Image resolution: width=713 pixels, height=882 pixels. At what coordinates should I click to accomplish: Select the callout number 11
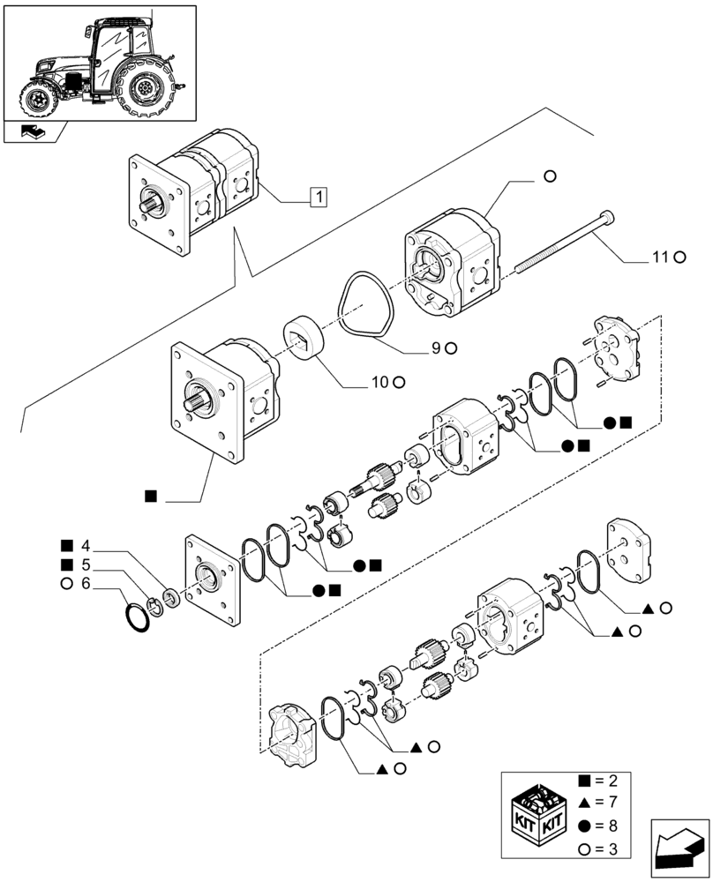point(662,258)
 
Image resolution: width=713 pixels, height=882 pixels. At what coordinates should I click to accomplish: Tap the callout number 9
point(436,348)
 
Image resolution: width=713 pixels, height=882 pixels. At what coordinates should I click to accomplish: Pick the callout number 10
point(379,382)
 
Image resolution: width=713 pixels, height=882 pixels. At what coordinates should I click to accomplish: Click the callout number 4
point(85,544)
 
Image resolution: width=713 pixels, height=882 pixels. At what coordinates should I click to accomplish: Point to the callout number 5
point(85,564)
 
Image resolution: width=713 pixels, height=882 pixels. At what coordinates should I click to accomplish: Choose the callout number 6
point(85,583)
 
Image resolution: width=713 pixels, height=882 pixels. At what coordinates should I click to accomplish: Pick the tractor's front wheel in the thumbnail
point(39,97)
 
